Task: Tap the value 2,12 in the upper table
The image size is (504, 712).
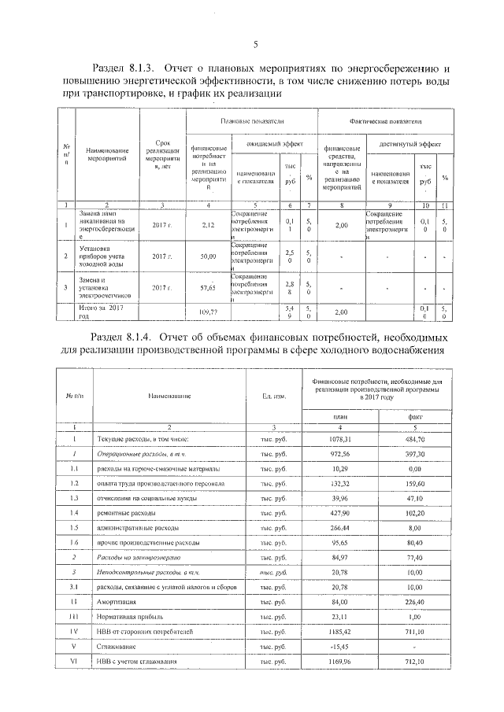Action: [208, 226]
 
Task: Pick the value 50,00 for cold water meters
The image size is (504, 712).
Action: [208, 256]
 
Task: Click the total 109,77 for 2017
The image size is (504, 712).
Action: [208, 312]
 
